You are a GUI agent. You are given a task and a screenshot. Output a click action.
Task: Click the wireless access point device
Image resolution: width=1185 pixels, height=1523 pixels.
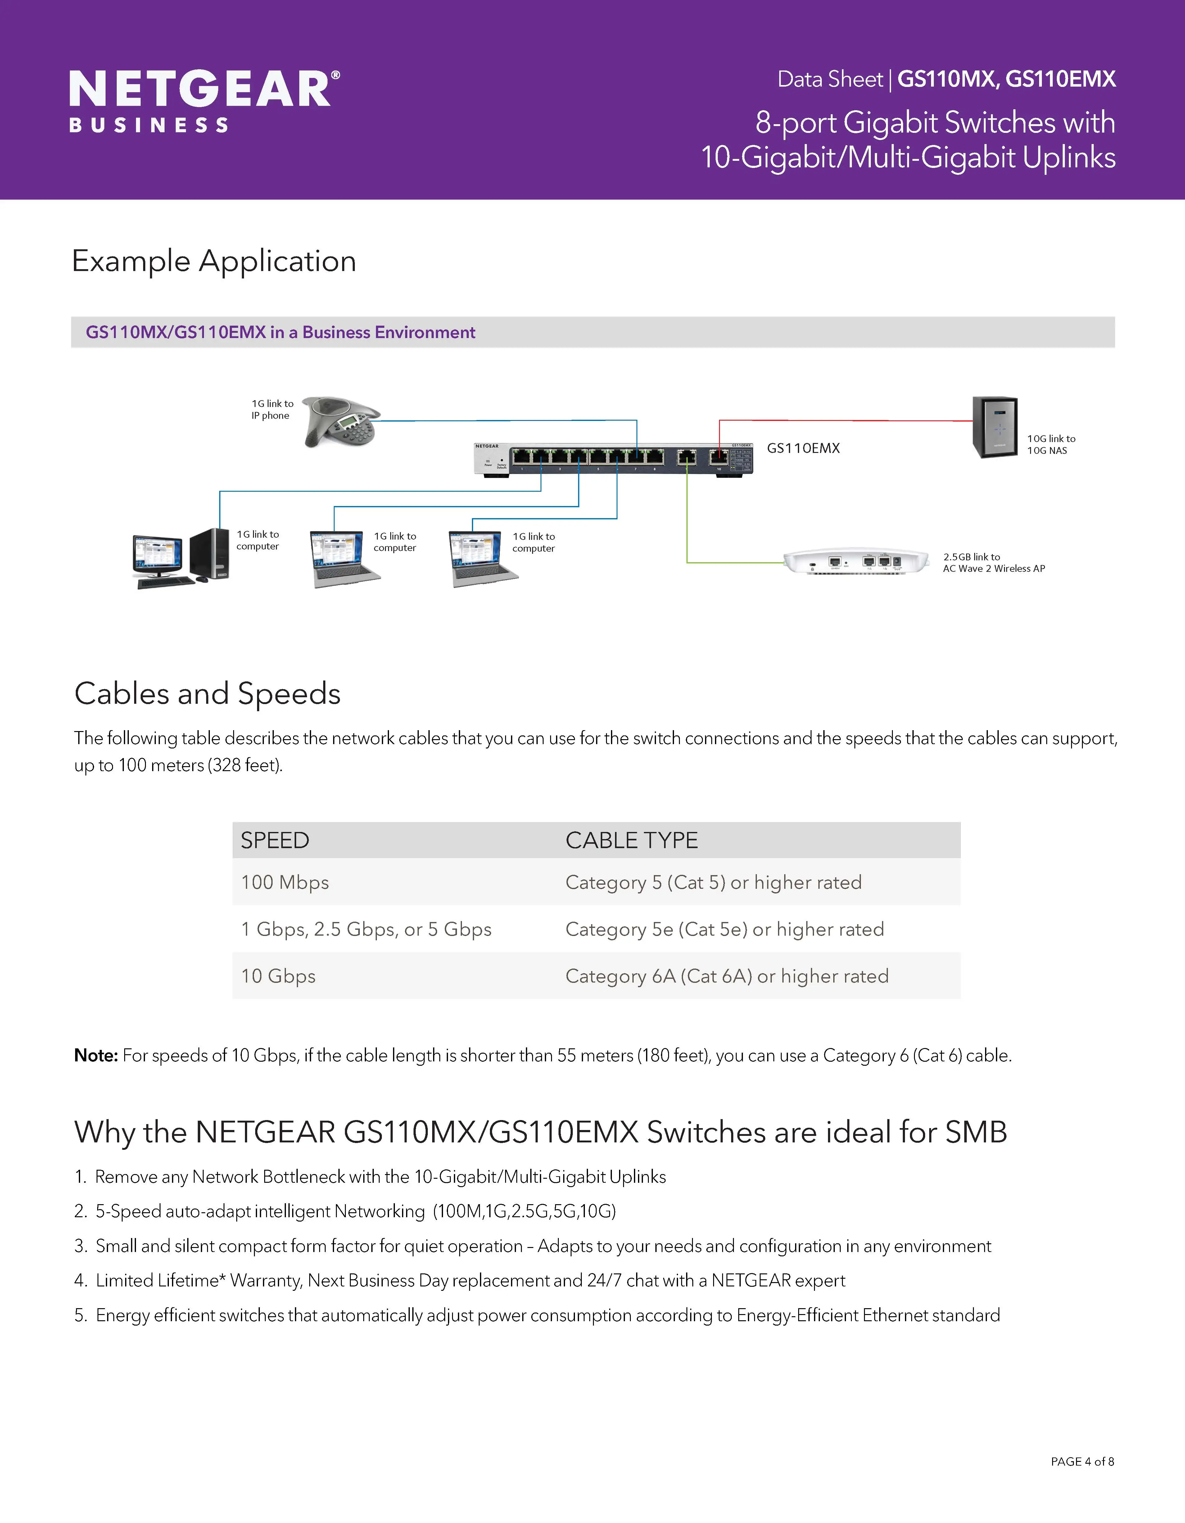(x=857, y=562)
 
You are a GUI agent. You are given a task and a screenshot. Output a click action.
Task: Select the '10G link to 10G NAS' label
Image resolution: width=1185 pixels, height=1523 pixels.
(x=1051, y=444)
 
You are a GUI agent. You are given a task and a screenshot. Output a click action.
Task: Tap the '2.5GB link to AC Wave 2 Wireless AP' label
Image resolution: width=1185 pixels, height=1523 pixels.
(x=993, y=563)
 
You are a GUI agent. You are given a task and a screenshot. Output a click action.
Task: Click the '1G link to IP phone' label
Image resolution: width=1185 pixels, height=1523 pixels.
(x=272, y=409)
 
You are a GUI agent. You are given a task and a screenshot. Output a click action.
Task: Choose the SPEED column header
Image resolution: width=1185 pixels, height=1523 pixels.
(x=275, y=840)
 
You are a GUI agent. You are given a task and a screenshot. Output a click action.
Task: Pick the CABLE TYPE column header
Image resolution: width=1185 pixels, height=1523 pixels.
(x=631, y=840)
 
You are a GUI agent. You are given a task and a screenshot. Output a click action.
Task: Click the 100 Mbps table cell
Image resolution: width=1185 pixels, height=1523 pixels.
(x=285, y=882)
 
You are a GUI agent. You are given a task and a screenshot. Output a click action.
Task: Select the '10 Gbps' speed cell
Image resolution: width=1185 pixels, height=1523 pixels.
(x=278, y=976)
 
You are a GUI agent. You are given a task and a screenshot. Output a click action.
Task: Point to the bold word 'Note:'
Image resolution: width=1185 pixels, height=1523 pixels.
(x=96, y=1056)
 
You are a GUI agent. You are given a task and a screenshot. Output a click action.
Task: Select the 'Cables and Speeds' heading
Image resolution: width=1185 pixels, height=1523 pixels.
(x=207, y=694)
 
